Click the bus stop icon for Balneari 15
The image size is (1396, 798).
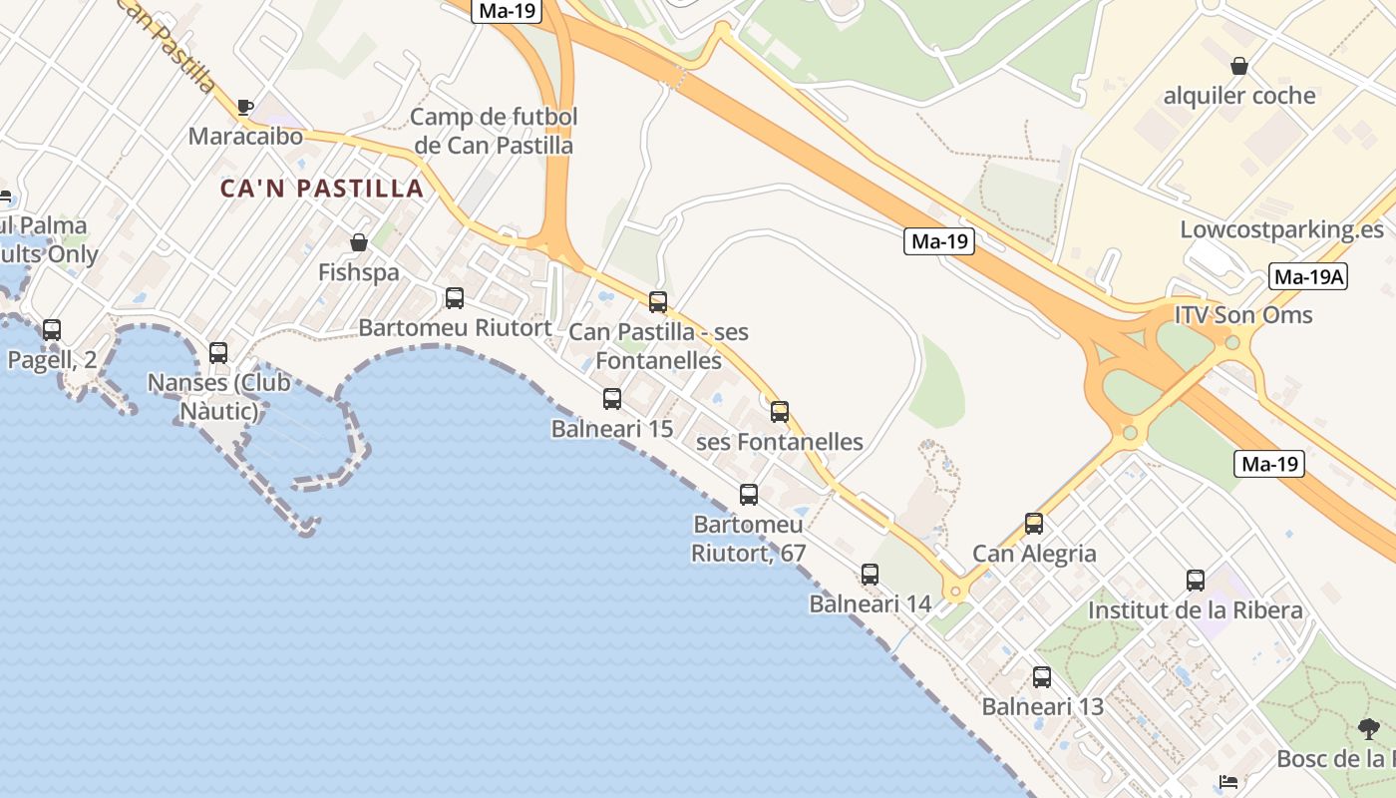pos(612,399)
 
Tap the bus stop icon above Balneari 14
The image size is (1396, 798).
pos(870,575)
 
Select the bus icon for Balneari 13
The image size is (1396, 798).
pos(1042,677)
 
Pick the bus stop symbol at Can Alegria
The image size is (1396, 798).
pos(1034,524)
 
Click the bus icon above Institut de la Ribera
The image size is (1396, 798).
pos(1195,581)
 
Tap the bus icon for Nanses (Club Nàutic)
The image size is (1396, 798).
pos(218,353)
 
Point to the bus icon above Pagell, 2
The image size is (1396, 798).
pos(52,330)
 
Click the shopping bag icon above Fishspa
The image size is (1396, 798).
pos(359,242)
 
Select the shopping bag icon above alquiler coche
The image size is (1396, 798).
pos(1238,67)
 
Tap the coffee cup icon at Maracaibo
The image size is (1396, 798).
pos(245,107)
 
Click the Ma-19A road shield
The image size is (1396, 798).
pos(1308,277)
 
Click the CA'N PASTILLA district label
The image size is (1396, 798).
pos(322,189)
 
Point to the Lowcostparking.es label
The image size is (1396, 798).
pos(1281,229)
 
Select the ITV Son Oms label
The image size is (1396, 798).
pos(1243,315)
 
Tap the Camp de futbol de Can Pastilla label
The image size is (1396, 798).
pos(494,131)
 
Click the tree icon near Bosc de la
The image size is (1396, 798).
pos(1368,729)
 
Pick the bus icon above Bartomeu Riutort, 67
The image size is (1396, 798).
pos(748,495)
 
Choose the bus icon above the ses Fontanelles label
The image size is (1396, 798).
pos(780,411)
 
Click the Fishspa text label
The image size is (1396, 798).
pos(358,272)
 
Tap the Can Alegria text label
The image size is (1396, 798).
pos(1034,554)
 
